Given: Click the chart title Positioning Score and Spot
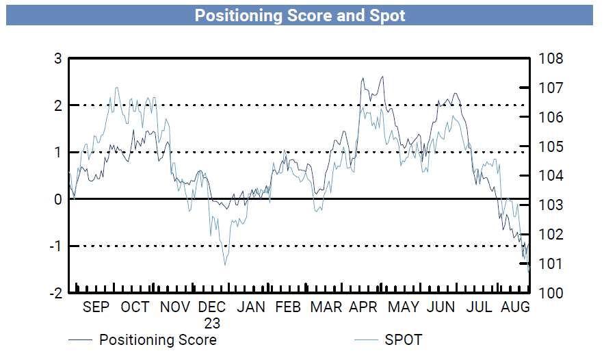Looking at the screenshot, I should (x=300, y=15).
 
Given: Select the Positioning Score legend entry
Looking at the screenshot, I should (x=157, y=340).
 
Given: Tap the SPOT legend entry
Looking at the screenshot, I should (x=403, y=340).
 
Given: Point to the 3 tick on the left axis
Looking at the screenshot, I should (x=58, y=59).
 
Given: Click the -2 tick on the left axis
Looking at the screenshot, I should (x=55, y=293).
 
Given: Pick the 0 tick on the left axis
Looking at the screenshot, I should (x=58, y=199).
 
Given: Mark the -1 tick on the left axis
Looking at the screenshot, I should (x=55, y=246).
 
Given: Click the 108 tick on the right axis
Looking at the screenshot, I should (x=552, y=59).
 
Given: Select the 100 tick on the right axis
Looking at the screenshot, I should (x=552, y=293).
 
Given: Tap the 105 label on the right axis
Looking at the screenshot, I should (x=552, y=146).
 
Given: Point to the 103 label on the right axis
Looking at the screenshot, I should (x=552, y=205).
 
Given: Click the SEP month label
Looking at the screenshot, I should (x=96, y=307).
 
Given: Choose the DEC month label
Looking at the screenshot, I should (x=212, y=307).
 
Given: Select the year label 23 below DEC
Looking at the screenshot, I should (x=212, y=322).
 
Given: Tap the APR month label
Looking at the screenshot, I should (x=363, y=307).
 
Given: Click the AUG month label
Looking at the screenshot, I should (x=516, y=307).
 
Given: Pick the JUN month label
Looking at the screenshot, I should (x=441, y=307).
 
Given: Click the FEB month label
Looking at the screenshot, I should (x=287, y=307).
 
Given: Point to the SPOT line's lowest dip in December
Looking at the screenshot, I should (x=224, y=265).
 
